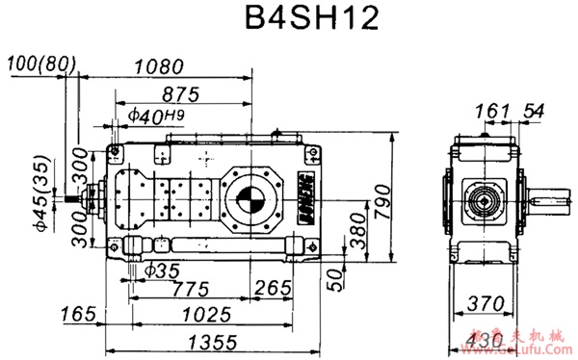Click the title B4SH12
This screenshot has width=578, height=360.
point(288,21)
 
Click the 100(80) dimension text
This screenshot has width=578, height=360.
point(40,64)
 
